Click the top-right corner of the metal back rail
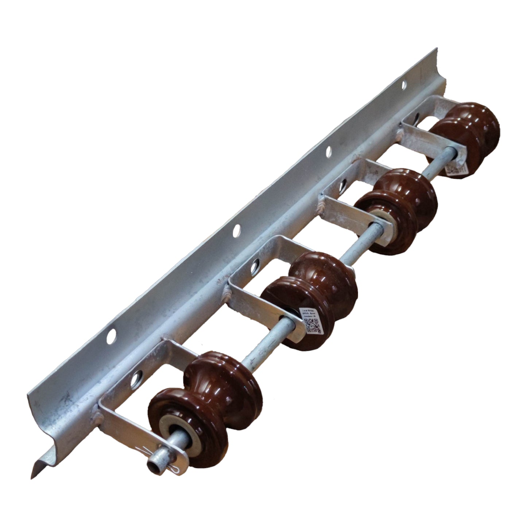435,49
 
